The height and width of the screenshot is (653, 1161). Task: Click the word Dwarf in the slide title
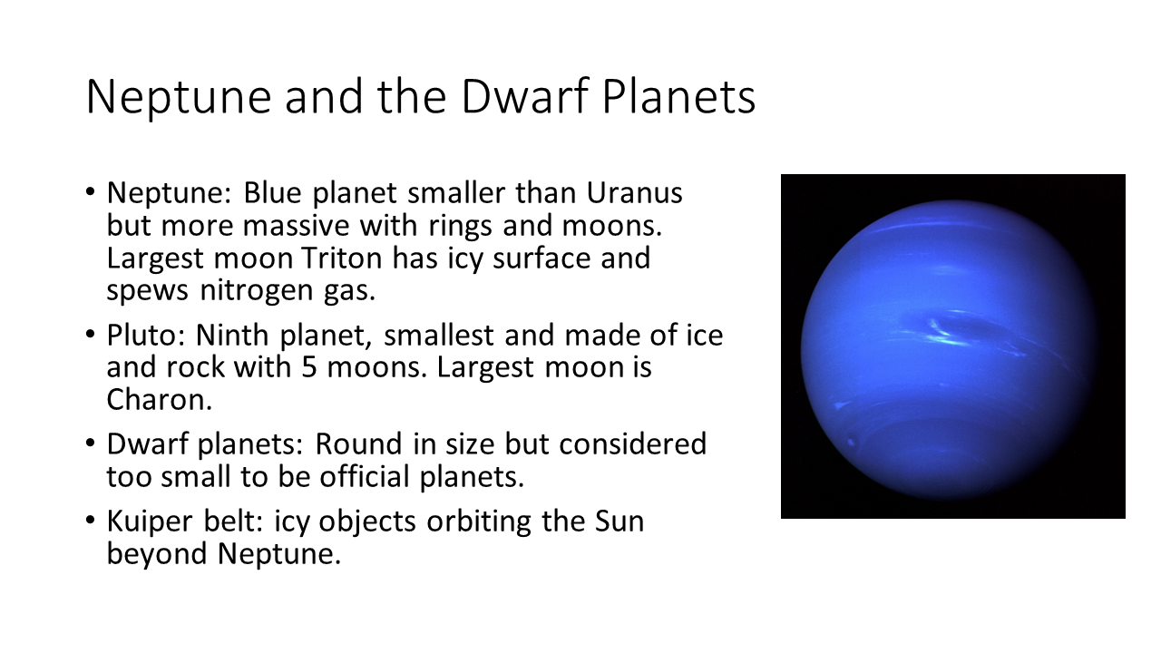click(x=524, y=96)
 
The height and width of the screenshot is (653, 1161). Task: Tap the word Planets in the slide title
click(x=678, y=96)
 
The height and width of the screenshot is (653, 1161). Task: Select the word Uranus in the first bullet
click(x=634, y=193)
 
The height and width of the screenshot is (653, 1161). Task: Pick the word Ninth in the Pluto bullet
click(x=231, y=335)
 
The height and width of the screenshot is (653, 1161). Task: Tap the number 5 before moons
click(x=309, y=367)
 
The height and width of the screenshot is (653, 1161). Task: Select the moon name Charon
click(x=159, y=400)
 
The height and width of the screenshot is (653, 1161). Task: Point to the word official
click(x=365, y=476)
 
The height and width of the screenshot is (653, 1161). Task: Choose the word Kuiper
click(x=150, y=522)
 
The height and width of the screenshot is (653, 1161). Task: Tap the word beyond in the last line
click(x=157, y=554)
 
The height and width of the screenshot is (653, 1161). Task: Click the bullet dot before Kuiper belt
click(x=90, y=520)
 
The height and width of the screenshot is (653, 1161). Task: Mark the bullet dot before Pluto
click(x=90, y=333)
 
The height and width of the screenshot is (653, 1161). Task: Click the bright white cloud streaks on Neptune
click(x=948, y=336)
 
